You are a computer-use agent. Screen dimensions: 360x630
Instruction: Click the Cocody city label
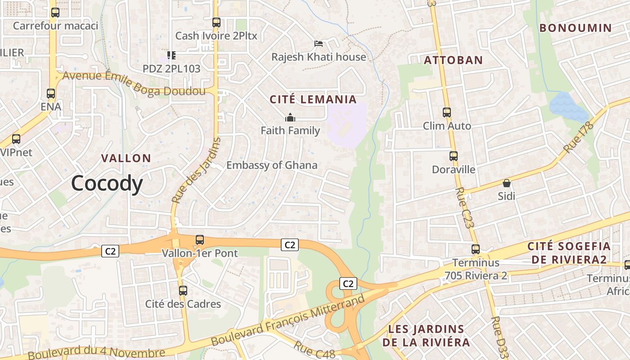click(107, 184)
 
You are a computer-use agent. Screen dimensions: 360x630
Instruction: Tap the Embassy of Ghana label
click(272, 165)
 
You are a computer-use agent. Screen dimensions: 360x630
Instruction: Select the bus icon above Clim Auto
click(446, 112)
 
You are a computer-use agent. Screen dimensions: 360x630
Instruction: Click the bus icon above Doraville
click(454, 156)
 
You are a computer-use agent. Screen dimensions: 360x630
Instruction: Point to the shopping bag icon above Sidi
click(507, 183)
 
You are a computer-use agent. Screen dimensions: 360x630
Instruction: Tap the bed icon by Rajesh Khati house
click(319, 44)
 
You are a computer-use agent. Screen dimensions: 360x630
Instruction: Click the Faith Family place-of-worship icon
click(290, 117)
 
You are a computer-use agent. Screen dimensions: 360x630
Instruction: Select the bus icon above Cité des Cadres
click(183, 291)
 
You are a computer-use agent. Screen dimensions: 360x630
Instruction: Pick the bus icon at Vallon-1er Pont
click(200, 240)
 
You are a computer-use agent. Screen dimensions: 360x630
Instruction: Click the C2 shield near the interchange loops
click(348, 283)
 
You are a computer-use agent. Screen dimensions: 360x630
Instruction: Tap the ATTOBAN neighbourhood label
click(454, 60)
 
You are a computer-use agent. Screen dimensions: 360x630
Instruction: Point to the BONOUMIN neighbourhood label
click(576, 28)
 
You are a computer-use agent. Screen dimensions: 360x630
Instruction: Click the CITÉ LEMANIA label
click(313, 99)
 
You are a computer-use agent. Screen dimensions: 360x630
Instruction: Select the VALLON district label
click(126, 158)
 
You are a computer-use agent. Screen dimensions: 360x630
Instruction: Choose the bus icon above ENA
click(51, 94)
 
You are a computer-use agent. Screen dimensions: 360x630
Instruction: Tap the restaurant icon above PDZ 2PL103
click(171, 55)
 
